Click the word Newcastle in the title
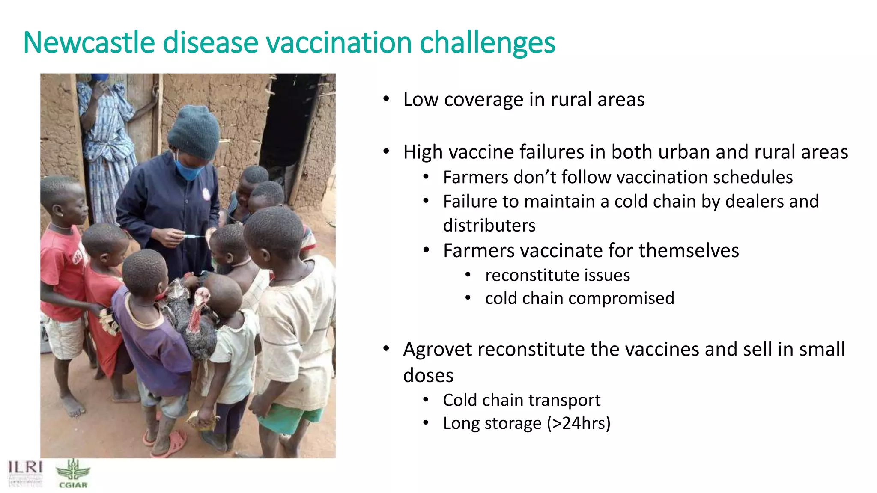[89, 43]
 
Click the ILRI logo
[25, 473]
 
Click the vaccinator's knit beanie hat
[194, 132]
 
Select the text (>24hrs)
[579, 423]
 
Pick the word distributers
[489, 226]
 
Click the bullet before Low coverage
[386, 99]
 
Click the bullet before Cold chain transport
[426, 400]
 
